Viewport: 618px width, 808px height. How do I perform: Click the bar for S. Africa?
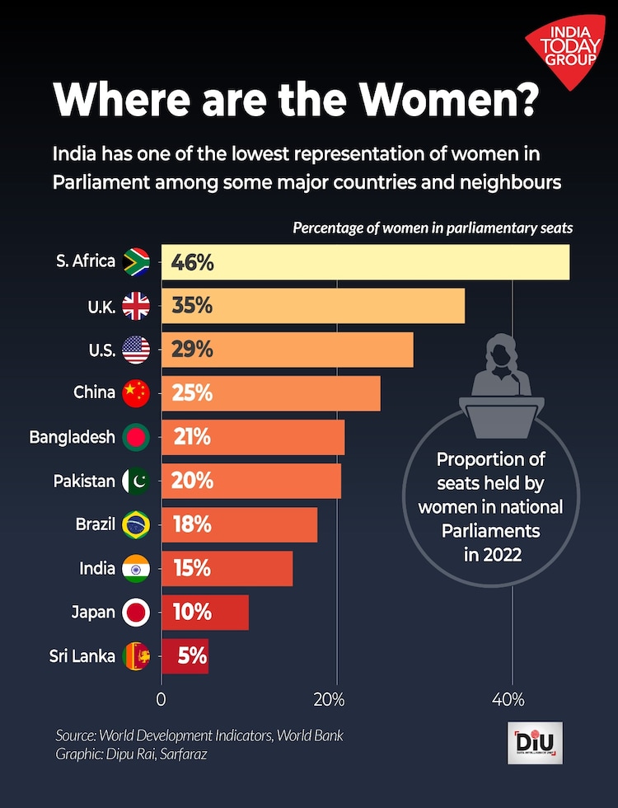coord(365,262)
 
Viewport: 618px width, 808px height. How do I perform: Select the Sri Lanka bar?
coord(185,656)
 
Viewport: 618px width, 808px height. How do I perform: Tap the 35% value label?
coord(192,306)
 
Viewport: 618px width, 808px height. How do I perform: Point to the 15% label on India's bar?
coord(191,569)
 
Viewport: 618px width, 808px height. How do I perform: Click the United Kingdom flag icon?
coord(136,307)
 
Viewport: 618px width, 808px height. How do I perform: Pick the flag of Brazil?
coord(136,525)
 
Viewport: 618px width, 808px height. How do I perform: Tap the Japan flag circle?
coord(136,613)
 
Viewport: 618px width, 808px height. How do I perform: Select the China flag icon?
coord(136,393)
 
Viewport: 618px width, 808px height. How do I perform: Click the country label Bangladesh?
coord(72,437)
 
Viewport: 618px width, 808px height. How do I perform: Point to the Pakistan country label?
coord(83,481)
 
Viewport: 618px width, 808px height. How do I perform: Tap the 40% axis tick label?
coord(508,700)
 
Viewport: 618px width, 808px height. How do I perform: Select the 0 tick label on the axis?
coord(162,700)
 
